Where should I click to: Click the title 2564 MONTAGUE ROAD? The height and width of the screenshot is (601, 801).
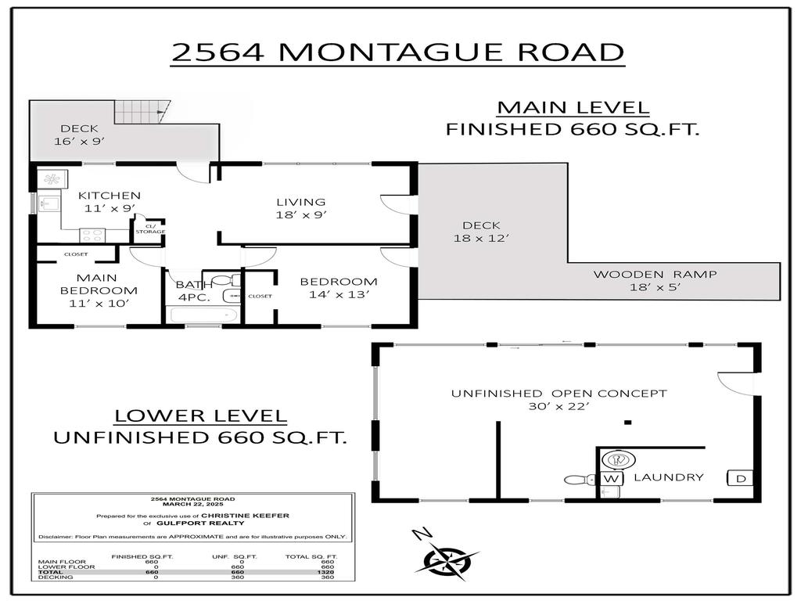click(397, 52)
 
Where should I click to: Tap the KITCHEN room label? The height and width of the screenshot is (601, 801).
click(110, 196)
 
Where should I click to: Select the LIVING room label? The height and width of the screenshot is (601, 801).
click(300, 202)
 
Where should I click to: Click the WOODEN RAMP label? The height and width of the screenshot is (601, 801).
click(655, 274)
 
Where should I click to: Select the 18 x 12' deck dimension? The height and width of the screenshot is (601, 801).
click(481, 238)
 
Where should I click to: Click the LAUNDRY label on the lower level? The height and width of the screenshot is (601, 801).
click(668, 477)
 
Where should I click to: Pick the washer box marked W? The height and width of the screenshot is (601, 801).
click(611, 478)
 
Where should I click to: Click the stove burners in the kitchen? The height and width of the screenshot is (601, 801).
click(93, 232)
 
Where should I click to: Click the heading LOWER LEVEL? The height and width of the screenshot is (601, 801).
click(201, 416)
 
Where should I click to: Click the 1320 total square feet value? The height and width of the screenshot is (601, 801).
click(327, 572)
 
